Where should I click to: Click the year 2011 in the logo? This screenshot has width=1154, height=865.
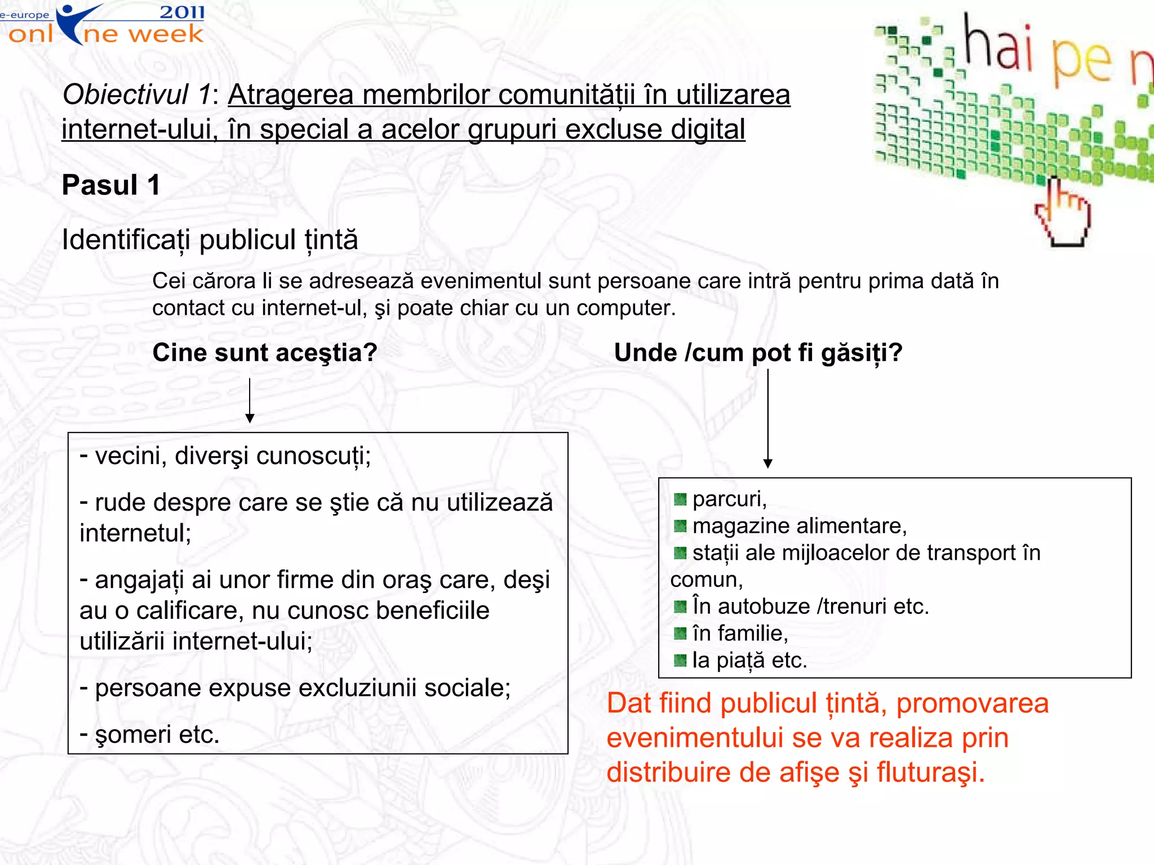tap(181, 12)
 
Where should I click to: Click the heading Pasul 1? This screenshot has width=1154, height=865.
tap(111, 185)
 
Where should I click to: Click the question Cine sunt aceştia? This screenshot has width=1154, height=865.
tap(265, 353)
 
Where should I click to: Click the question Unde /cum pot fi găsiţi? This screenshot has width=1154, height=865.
tap(758, 353)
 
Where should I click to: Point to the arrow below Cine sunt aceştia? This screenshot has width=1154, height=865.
tap(250, 401)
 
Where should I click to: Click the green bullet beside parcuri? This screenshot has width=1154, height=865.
tap(680, 499)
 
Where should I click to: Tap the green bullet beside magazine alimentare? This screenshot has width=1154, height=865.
tap(680, 526)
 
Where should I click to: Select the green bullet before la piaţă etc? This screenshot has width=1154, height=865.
tap(680, 660)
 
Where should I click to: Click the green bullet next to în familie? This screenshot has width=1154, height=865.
tap(680, 634)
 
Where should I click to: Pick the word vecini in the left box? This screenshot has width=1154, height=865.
tap(128, 456)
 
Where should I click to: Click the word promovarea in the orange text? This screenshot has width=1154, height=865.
tap(972, 703)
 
